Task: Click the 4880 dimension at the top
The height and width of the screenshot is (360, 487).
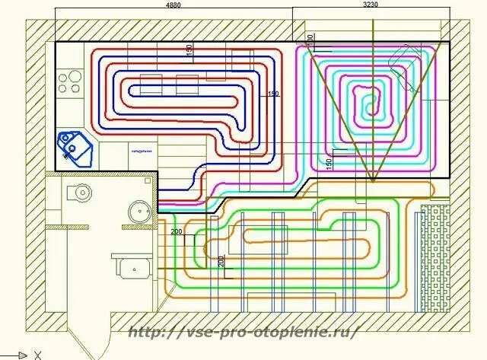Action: click(x=173, y=5)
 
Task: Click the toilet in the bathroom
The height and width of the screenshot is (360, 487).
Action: click(x=77, y=192)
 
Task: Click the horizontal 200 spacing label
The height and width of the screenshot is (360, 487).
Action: click(x=177, y=231)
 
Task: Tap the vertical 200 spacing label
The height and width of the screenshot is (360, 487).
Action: click(x=221, y=262)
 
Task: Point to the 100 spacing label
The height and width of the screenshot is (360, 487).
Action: click(x=310, y=37)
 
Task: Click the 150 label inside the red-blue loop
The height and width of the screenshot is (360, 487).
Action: click(x=189, y=49)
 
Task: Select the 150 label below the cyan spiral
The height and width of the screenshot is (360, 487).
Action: click(x=328, y=163)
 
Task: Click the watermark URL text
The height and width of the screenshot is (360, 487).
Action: click(x=241, y=332)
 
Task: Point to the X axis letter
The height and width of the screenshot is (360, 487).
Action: click(x=37, y=355)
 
